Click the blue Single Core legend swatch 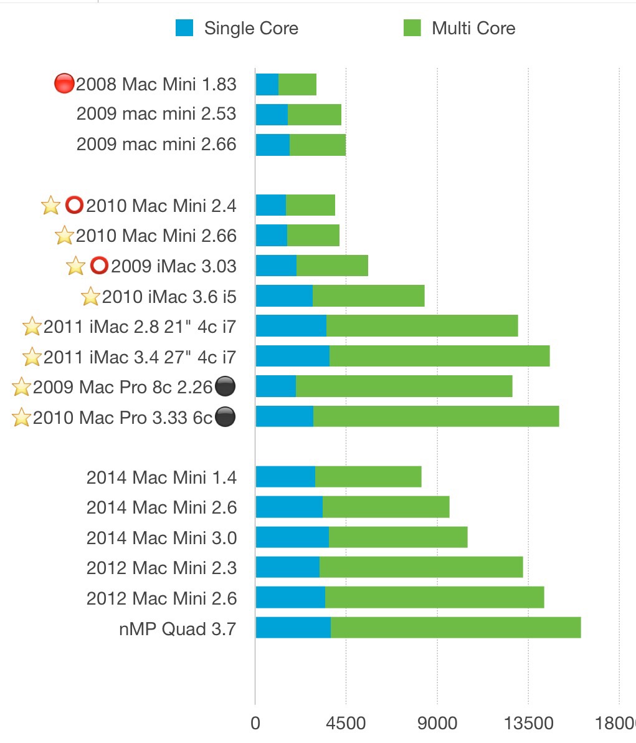tap(184, 28)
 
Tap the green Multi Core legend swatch tap(412, 28)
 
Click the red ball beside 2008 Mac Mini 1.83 tap(64, 84)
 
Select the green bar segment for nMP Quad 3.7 tap(455, 628)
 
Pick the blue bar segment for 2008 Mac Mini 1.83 tap(267, 84)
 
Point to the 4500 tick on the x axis tap(346, 723)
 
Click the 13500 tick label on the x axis tap(528, 723)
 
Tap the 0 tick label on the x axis tap(255, 723)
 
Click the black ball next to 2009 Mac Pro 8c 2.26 tap(225, 387)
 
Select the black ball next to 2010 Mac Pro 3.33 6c tap(225, 417)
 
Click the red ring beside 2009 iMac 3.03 tap(99, 266)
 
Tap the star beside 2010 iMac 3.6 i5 tap(90, 297)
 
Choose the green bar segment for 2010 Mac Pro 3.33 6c tap(436, 416)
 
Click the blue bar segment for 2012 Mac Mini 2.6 tap(290, 597)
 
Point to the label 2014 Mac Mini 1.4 tap(161, 477)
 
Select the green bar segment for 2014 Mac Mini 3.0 tap(398, 537)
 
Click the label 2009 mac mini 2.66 tap(156, 145)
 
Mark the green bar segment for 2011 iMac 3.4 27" tap(439, 356)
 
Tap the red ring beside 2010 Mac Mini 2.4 tap(74, 205)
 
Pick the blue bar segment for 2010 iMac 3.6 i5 tap(284, 296)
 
